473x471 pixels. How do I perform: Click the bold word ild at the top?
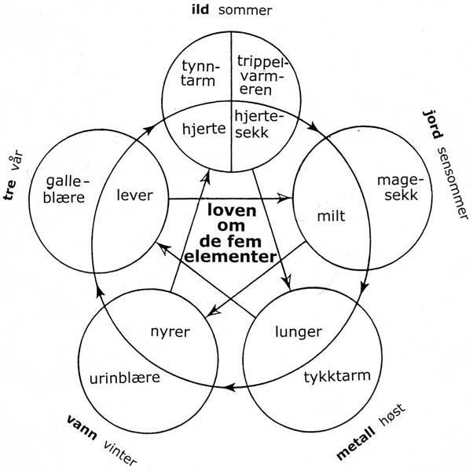click(202, 10)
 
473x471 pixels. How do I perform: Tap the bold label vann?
click(82, 431)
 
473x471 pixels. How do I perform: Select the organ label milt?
click(332, 215)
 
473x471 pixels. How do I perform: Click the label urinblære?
click(124, 377)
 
